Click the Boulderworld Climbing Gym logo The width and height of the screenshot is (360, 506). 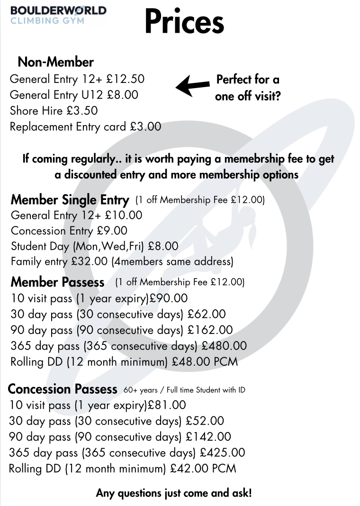pos(58,15)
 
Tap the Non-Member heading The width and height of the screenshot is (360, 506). pos(55,62)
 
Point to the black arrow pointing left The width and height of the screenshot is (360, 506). pos(192,85)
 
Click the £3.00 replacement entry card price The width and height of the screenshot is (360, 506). pos(145,126)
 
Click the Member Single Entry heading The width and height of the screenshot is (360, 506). pos(70,200)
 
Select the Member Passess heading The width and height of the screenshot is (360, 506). pos(57,282)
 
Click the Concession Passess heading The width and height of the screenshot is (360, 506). pos(63,389)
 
